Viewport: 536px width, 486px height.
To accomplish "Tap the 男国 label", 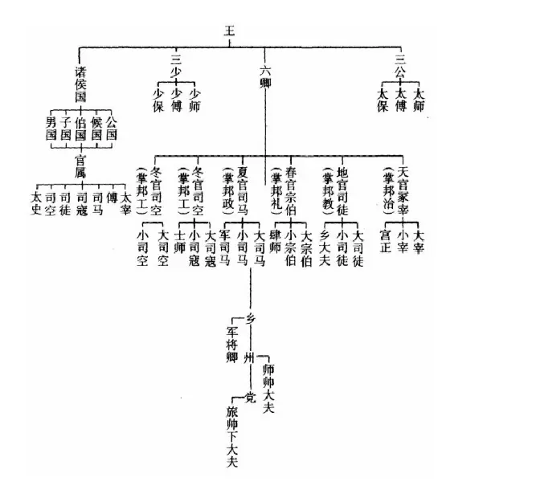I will pyautogui.click(x=51, y=129).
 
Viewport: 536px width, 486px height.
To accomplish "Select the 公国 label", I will pyautogui.click(x=112, y=129).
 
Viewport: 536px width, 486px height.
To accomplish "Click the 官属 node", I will pyautogui.click(x=80, y=162).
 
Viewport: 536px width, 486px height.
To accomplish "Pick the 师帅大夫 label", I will pyautogui.click(x=269, y=384).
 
